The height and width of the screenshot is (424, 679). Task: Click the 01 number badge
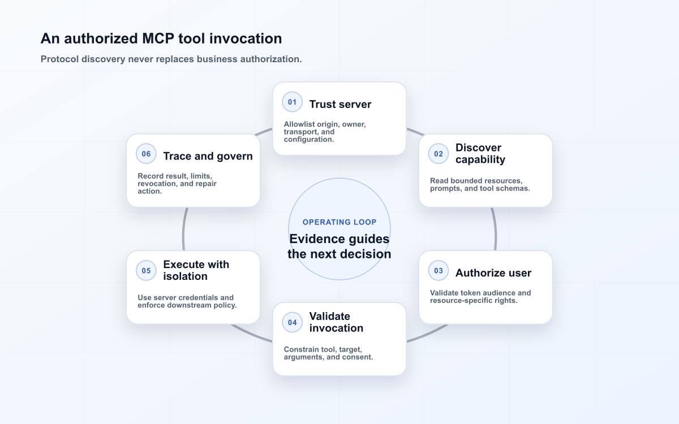(x=292, y=102)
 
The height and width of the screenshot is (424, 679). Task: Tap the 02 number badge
(x=439, y=154)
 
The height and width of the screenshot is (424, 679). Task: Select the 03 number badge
(x=439, y=270)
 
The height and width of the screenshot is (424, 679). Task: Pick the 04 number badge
(x=292, y=322)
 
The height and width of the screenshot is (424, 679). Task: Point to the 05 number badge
(x=146, y=270)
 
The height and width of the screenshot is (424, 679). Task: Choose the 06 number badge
(x=146, y=154)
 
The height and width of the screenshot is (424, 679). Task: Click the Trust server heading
(x=340, y=104)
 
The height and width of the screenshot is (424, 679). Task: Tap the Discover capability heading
(x=480, y=154)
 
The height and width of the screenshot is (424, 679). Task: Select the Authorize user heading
(x=493, y=273)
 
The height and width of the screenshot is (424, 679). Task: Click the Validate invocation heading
(x=336, y=322)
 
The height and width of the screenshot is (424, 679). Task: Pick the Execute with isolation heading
(x=196, y=270)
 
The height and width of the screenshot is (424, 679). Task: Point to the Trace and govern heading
(x=208, y=156)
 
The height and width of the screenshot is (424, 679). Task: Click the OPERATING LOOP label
(x=339, y=222)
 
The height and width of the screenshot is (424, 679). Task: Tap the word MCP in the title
(x=158, y=38)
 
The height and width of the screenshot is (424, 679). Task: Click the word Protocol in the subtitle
(x=60, y=59)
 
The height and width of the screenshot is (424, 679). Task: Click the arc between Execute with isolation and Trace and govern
(x=183, y=229)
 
